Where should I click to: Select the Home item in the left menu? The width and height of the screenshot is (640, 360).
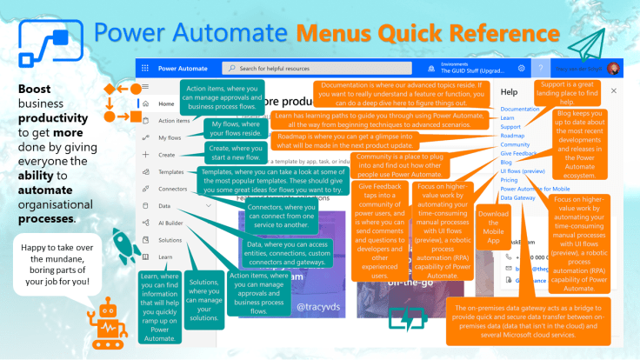click(166, 104)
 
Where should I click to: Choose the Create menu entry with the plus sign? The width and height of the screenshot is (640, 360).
click(166, 155)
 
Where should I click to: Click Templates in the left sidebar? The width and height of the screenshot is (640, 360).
click(171, 172)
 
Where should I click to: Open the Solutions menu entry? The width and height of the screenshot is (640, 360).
click(170, 240)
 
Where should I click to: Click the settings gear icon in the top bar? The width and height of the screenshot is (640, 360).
click(521, 68)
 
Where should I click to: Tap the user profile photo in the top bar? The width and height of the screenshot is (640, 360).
click(614, 68)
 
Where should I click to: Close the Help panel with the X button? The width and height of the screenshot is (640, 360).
click(614, 90)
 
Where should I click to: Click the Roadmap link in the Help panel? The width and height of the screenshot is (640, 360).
click(512, 136)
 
